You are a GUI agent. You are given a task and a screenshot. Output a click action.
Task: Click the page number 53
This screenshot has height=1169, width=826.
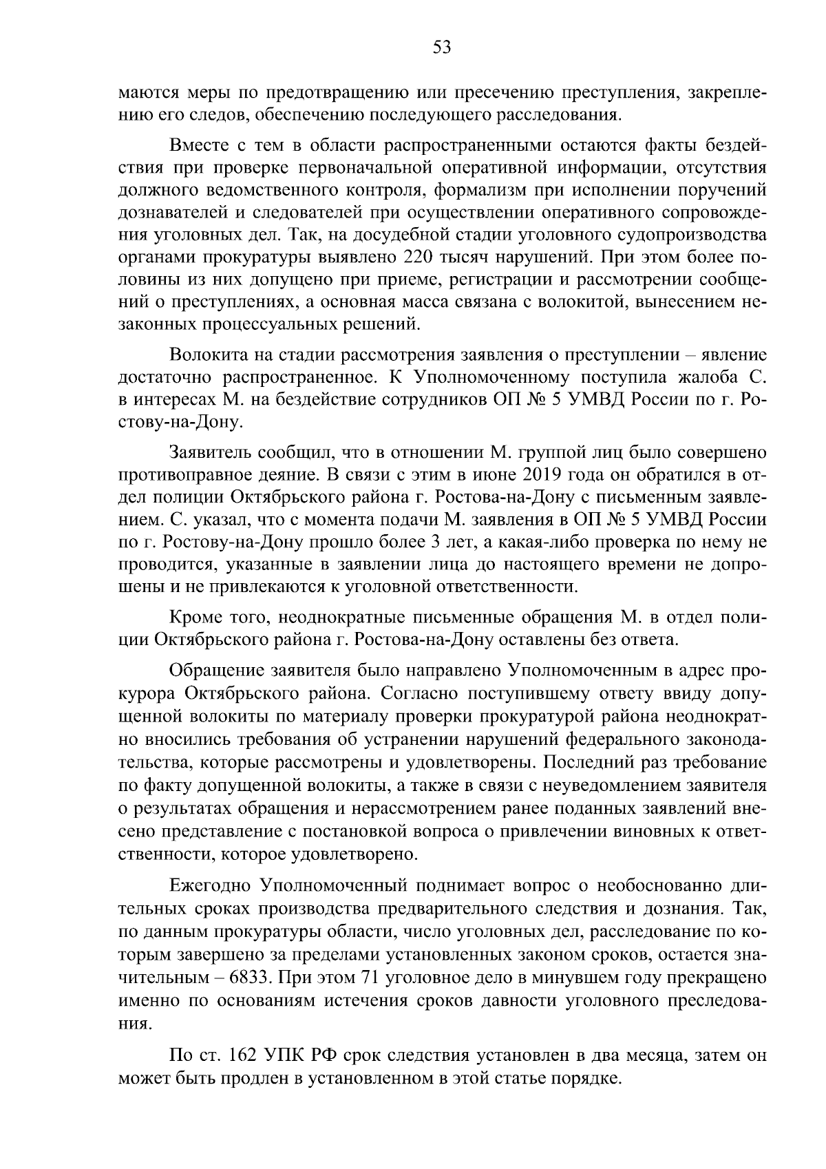pos(441,48)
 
